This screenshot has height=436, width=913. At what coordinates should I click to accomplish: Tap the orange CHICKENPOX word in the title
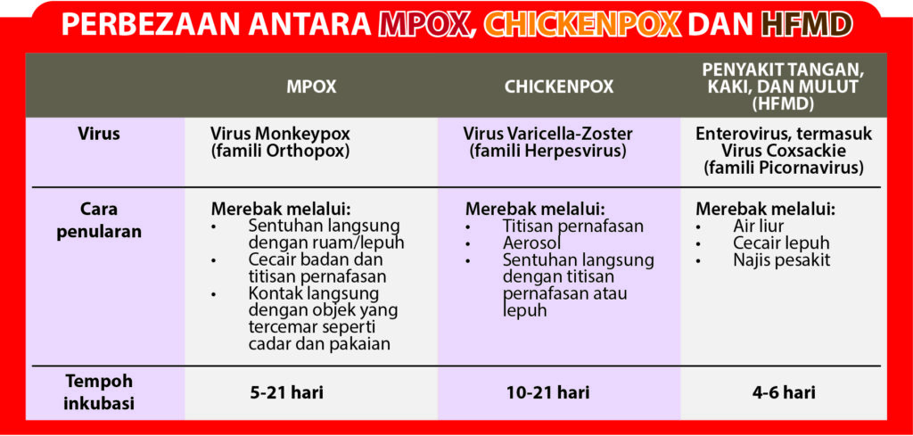pos(582,24)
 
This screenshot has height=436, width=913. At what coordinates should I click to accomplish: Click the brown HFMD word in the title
pos(807,24)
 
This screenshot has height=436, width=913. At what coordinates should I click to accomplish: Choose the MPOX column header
pos(311,86)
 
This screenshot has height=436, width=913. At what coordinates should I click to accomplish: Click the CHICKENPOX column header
pos(559,86)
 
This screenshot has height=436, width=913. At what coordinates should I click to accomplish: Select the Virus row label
pos(99,134)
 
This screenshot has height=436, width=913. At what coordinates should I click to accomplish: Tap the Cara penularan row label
pos(99,220)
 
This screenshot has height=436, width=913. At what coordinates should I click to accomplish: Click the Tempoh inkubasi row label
pos(99,392)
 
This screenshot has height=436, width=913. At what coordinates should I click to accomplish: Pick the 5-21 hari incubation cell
pos(286,392)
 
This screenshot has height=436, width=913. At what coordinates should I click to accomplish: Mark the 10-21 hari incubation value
pos(548,392)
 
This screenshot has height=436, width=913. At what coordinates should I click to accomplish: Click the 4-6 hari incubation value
pos(784,392)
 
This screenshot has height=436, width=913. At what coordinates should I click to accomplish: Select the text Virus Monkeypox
pos(281,135)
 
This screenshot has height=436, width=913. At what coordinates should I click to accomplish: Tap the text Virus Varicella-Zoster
pos(548,135)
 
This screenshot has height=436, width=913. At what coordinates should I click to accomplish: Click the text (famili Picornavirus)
pos(783,169)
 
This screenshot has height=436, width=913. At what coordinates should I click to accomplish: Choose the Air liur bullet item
pos(759,226)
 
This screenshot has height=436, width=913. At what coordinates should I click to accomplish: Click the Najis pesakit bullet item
pos(781,259)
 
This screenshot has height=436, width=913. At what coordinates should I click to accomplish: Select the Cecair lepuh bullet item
pos(781,243)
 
